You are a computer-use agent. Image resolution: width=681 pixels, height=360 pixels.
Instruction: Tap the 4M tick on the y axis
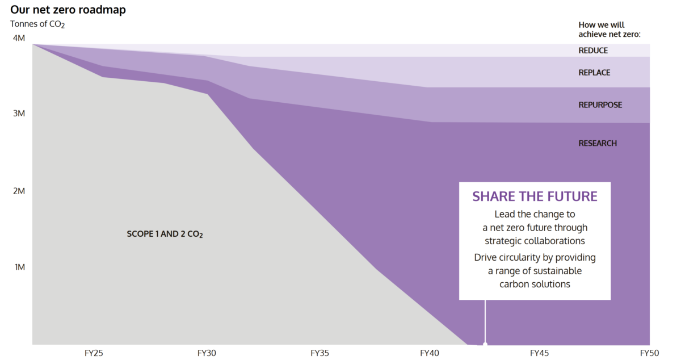click(x=19, y=39)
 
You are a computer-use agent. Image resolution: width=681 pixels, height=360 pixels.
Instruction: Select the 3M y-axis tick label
click(x=19, y=114)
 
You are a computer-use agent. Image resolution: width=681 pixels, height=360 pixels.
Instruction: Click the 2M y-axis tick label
click(x=19, y=191)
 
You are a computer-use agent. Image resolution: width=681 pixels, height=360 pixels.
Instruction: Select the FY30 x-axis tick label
click(x=207, y=353)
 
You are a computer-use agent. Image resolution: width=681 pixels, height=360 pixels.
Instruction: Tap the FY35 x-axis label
click(x=320, y=353)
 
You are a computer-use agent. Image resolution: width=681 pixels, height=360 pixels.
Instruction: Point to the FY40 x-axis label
click(x=430, y=353)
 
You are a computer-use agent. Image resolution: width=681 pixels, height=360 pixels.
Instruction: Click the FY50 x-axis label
click(x=649, y=353)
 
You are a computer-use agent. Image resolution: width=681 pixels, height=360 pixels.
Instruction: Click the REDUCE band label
click(x=593, y=51)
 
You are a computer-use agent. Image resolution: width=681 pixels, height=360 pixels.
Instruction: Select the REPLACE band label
click(x=594, y=73)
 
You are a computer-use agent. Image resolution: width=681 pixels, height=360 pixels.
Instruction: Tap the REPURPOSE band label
click(x=600, y=105)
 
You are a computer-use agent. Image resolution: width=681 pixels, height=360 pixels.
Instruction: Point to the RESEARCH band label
click(x=598, y=144)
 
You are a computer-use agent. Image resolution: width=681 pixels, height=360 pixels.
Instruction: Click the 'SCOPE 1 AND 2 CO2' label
click(x=165, y=234)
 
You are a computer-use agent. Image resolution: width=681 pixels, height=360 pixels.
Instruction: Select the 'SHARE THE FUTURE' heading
click(x=535, y=196)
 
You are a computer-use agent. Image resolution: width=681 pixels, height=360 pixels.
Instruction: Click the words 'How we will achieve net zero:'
click(x=609, y=30)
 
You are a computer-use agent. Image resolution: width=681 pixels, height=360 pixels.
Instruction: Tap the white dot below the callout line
click(x=485, y=344)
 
